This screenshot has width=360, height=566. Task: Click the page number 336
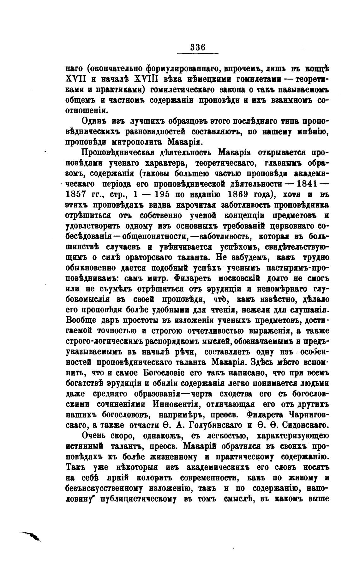pyautogui.click(x=198, y=47)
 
